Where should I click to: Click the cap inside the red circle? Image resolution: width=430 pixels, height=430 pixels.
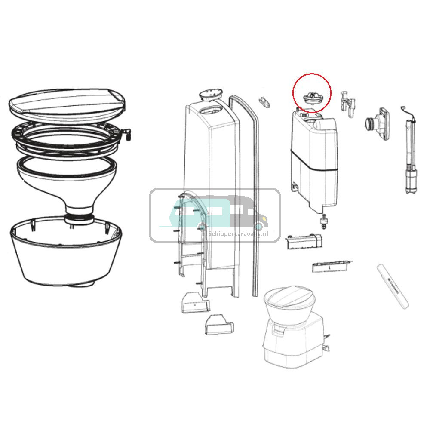coord(311,97)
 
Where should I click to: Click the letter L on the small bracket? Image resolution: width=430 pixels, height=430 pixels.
coord(329,267)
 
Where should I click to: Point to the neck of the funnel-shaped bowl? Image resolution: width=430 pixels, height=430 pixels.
coord(79,215)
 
